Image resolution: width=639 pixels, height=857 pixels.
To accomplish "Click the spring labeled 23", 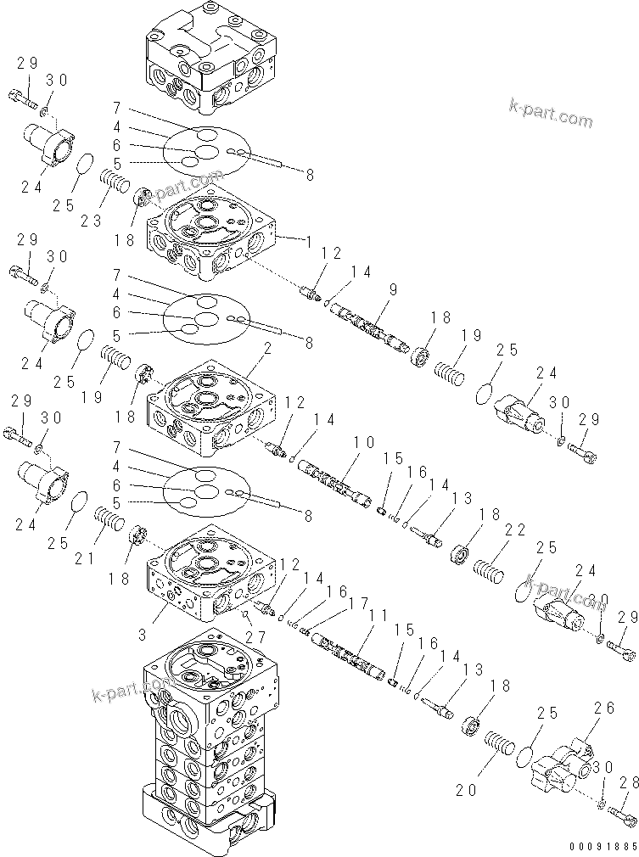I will pos(114,180).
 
